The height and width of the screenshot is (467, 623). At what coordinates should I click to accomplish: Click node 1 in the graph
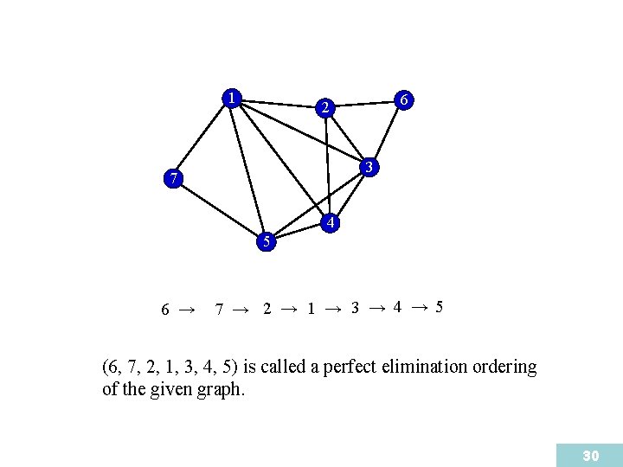[x=231, y=98]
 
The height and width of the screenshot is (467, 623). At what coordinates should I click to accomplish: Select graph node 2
[x=324, y=108]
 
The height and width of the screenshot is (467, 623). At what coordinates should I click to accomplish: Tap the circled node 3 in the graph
[x=369, y=166]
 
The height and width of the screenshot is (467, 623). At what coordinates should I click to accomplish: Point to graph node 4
[x=329, y=223]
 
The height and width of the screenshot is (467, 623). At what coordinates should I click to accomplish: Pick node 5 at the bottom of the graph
[x=267, y=241]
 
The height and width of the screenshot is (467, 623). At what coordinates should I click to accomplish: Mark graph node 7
[x=174, y=180]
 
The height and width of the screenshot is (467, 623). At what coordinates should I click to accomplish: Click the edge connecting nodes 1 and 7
[x=202, y=138]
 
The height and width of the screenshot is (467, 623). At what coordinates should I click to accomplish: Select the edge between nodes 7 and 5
[x=220, y=210]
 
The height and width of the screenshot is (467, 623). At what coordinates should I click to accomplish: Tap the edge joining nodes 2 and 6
[x=364, y=105]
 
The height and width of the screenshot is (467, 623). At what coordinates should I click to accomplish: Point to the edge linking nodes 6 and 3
[x=387, y=133]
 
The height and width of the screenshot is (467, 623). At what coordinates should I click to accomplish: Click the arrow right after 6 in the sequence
[x=186, y=308]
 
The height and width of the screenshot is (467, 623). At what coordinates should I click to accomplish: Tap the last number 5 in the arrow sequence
[x=440, y=307]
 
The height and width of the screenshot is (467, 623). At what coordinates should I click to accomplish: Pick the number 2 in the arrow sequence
[x=267, y=309]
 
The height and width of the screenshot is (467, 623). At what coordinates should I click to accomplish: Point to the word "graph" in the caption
[x=224, y=390]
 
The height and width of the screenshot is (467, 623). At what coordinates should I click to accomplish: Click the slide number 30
[x=591, y=455]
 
